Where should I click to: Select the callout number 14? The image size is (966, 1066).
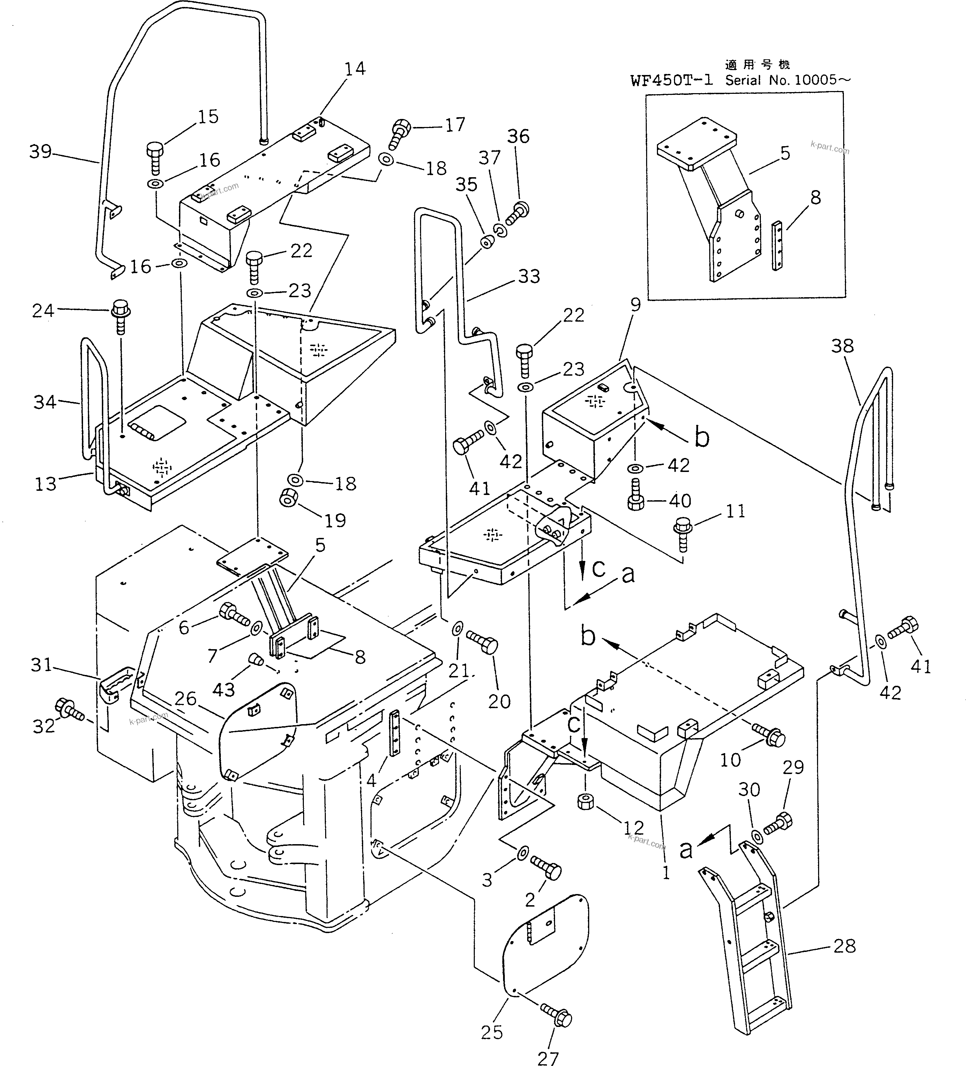click(x=355, y=69)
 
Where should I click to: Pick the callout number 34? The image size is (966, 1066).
click(x=45, y=402)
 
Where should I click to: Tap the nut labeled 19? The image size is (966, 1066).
click(x=289, y=497)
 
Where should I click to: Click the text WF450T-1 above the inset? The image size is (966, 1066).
click(x=671, y=80)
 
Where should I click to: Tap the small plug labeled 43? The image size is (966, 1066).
click(x=256, y=659)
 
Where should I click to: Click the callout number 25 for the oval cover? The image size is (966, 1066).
click(x=492, y=1032)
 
